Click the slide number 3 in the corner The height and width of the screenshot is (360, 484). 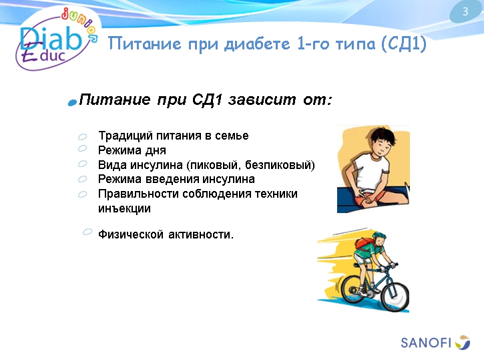pos(465,11)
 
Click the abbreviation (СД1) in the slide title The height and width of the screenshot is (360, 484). pos(403,45)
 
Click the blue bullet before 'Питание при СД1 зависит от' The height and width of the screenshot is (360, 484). pos(72,102)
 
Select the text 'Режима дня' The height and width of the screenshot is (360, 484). pos(132,150)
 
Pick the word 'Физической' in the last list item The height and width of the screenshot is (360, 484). pos(128,234)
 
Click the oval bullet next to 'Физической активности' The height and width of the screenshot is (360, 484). pos(87,232)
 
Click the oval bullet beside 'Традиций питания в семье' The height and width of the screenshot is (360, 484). pos(82,136)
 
